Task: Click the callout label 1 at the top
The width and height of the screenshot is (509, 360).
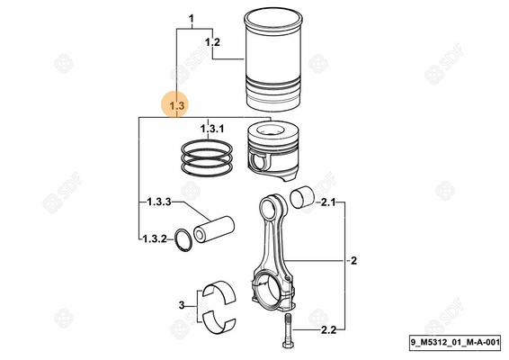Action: pyautogui.click(x=191, y=19)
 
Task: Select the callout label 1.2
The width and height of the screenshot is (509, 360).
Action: pyautogui.click(x=212, y=42)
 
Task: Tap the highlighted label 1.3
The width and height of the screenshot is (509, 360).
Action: pyautogui.click(x=176, y=106)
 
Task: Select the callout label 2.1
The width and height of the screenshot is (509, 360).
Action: pyautogui.click(x=327, y=203)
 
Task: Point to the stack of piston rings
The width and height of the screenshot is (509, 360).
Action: pyautogui.click(x=207, y=159)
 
